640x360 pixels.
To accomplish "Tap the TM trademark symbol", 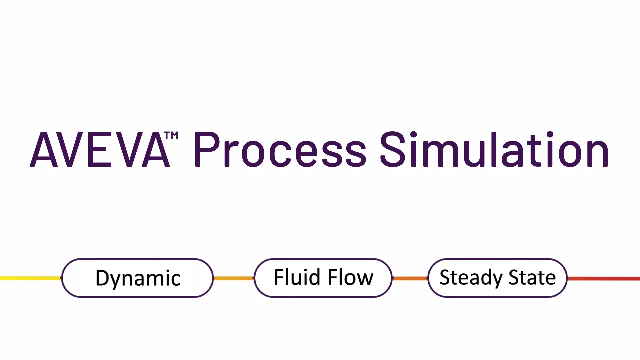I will (x=171, y=136).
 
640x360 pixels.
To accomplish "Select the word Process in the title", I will (x=280, y=149).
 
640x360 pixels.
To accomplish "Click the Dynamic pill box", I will (x=137, y=278).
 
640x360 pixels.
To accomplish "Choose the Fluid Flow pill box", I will (x=323, y=278).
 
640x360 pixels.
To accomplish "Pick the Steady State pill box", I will (x=497, y=278).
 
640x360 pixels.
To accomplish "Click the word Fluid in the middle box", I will (x=297, y=277).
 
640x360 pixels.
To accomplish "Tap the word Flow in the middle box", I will (x=350, y=277).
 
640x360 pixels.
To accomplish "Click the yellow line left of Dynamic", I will (x=30, y=278).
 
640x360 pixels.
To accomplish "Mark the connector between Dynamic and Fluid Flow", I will (x=234, y=278).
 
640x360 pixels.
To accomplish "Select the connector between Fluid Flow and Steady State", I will (x=410, y=278).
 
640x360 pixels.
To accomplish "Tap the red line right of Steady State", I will (x=603, y=278).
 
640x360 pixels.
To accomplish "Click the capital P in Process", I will (x=206, y=149).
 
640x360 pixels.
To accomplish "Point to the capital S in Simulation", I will (x=393, y=149).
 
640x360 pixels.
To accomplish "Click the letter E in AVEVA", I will (x=99, y=149).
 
